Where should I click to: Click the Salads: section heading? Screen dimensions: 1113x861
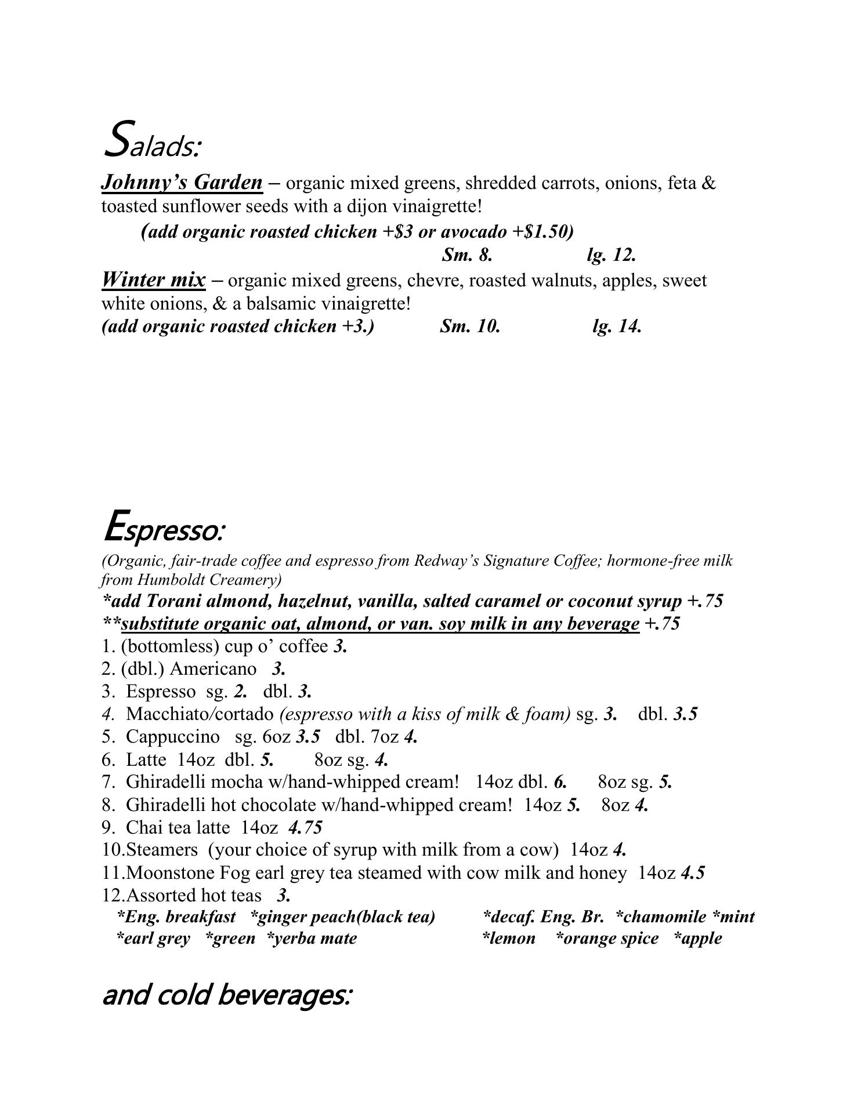[152, 140]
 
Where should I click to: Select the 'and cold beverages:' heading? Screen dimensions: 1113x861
[227, 995]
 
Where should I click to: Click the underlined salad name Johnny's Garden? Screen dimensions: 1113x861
[182, 183]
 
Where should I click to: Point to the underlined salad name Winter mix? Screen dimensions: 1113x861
[153, 280]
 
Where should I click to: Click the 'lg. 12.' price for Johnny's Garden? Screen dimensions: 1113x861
[612, 254]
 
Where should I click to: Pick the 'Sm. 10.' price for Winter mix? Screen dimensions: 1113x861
[470, 326]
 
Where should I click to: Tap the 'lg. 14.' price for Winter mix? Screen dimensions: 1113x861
[617, 326]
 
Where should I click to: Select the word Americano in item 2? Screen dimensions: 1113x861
[213, 669]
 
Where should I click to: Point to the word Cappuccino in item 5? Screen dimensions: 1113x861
[173, 737]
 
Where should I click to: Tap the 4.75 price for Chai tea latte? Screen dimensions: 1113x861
[305, 827]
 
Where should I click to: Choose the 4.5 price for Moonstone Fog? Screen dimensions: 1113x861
[693, 872]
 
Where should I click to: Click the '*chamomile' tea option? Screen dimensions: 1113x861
[661, 917]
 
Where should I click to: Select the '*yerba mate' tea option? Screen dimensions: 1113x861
[312, 939]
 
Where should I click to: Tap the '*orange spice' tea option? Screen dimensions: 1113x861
[607, 939]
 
